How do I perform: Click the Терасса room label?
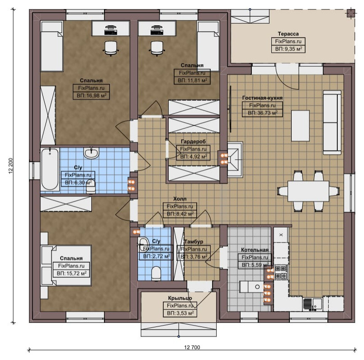pos(288,34)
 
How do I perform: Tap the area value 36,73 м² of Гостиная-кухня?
pos(262,113)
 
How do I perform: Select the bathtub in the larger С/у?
pos(50,169)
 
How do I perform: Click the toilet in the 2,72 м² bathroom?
pos(156,273)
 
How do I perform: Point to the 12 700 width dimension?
pos(192,347)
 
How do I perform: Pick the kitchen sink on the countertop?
pos(312,304)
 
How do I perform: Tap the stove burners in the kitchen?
pos(281,272)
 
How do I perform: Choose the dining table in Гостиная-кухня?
pos(308,191)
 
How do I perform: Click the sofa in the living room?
pos(332,122)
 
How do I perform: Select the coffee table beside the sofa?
pos(300,126)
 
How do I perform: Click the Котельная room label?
pos(255,250)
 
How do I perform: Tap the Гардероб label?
pos(193,142)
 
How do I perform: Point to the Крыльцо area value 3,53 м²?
pos(180,313)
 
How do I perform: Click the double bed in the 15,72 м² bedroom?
pos(66,265)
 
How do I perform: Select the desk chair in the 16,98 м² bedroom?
pos(110,48)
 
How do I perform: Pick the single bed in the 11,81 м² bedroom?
pos(208,46)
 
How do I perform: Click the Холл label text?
pos(180,199)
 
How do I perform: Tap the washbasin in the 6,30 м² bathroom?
pos(91,152)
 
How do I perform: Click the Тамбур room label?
pos(194,242)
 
